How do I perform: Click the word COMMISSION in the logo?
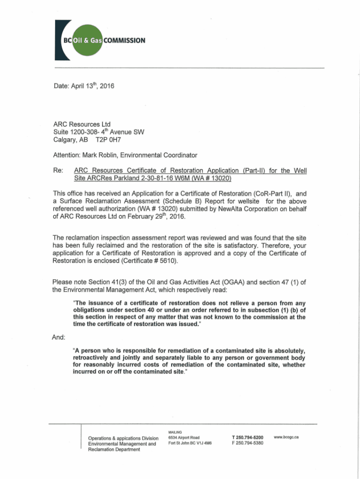[x=125, y=40]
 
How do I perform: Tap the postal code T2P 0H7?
[x=108, y=139]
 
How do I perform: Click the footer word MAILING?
[x=174, y=431]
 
